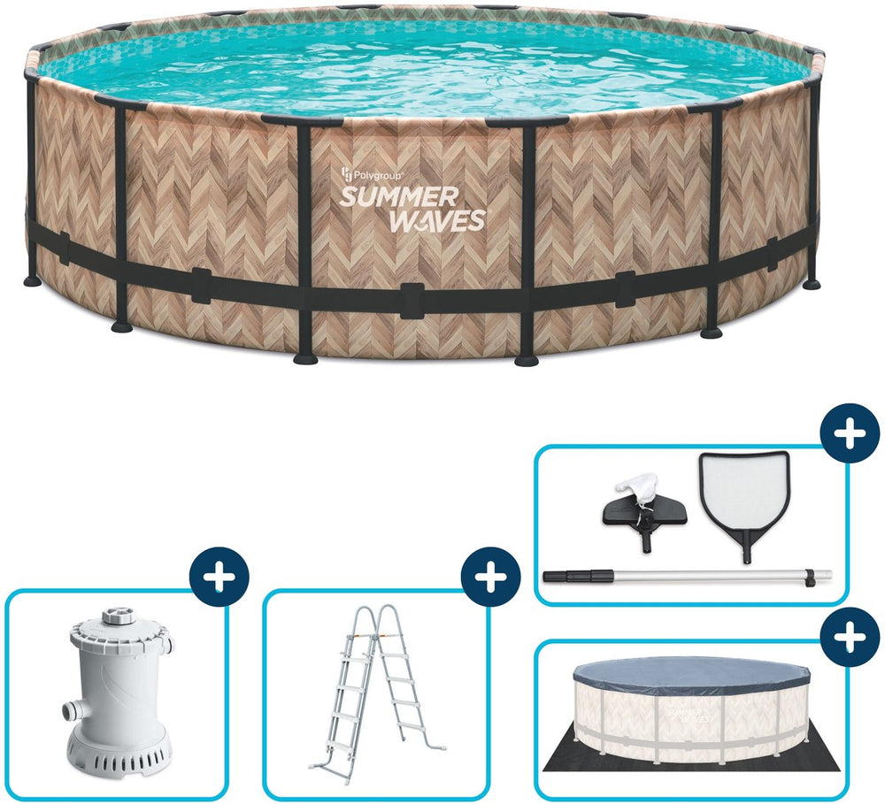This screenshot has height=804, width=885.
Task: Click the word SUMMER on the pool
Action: point(399,197)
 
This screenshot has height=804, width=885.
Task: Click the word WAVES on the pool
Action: point(437,220)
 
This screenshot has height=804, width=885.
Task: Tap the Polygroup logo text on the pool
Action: point(372,175)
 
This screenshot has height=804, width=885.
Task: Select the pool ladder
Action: point(377,686)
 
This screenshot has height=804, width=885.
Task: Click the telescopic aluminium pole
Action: point(687,576)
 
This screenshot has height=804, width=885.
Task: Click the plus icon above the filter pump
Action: point(219,578)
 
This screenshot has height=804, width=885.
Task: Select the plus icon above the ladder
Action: point(490,578)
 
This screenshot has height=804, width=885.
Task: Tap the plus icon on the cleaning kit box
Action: point(850,434)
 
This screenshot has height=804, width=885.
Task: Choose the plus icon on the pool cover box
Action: point(850,638)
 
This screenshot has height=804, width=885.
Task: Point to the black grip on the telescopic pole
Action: point(579,576)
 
